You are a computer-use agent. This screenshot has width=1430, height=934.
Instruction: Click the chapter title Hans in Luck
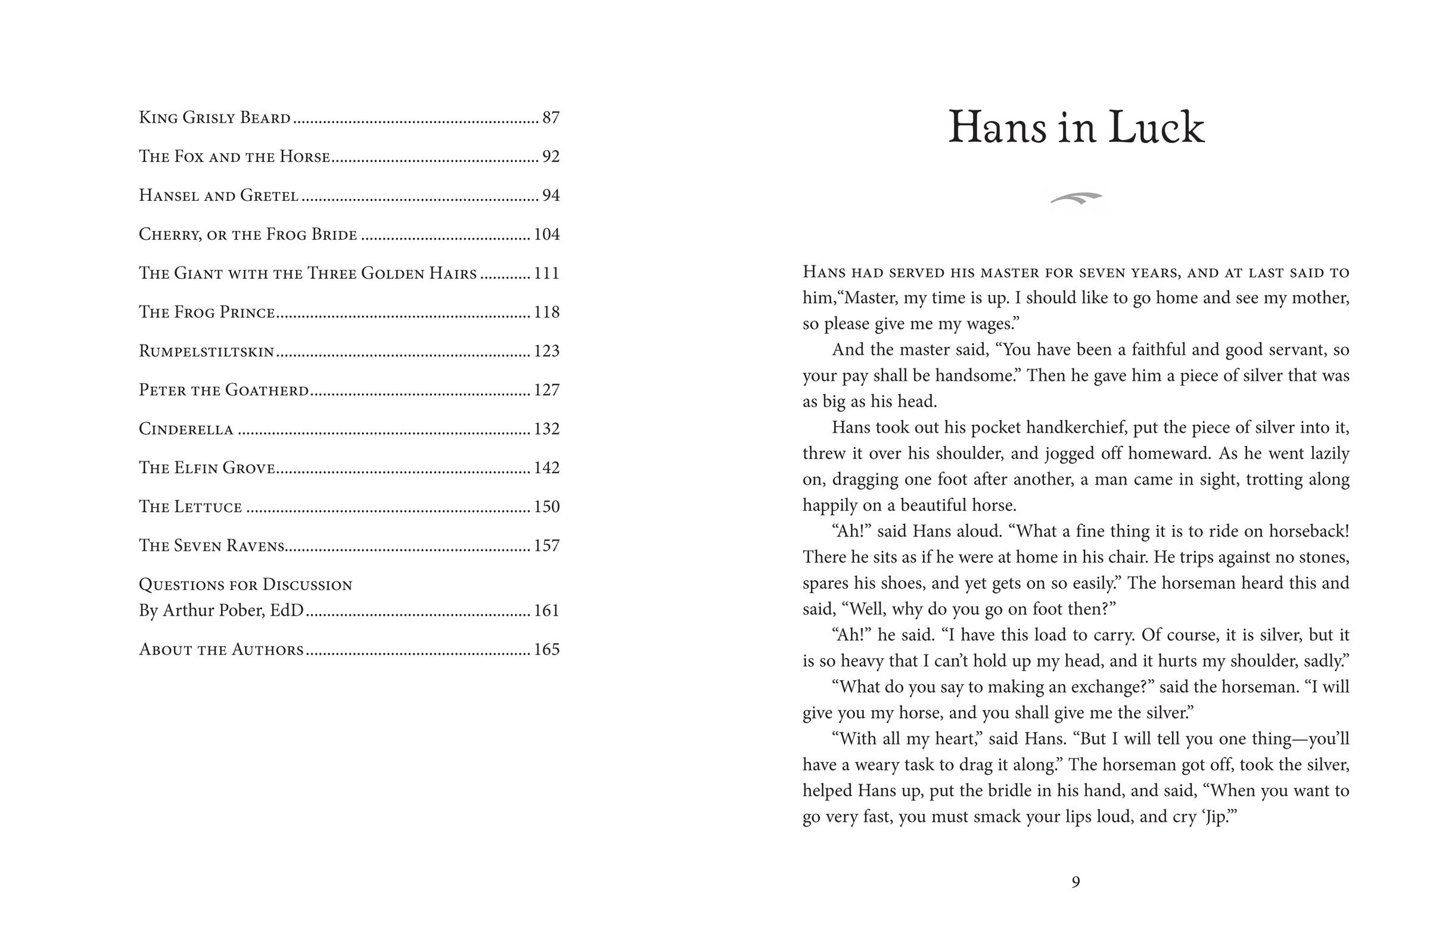(1075, 129)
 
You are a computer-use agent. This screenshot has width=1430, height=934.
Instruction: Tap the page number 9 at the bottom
(1075, 882)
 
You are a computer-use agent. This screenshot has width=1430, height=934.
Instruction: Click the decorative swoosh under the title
(1076, 198)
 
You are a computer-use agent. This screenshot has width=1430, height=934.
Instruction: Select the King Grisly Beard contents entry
(214, 118)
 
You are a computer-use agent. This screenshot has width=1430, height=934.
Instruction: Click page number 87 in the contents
(551, 118)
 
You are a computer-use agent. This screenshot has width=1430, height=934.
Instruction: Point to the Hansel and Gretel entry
(218, 196)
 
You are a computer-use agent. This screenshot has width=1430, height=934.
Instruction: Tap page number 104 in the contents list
(546, 234)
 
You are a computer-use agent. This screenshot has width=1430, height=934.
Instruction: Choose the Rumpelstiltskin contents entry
(206, 351)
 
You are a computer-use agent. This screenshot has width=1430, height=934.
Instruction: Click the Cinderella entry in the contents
(186, 429)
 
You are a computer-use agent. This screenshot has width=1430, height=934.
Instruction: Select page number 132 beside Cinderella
(546, 429)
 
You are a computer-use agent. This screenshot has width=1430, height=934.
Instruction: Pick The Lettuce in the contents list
(190, 507)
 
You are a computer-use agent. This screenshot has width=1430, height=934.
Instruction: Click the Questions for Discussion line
(245, 585)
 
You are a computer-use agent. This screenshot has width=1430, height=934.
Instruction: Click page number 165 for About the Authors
(546, 650)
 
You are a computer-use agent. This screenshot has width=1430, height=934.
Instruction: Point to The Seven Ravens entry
(211, 546)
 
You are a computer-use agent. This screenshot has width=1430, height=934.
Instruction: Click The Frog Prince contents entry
(207, 312)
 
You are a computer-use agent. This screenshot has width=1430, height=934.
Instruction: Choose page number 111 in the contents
(546, 274)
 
